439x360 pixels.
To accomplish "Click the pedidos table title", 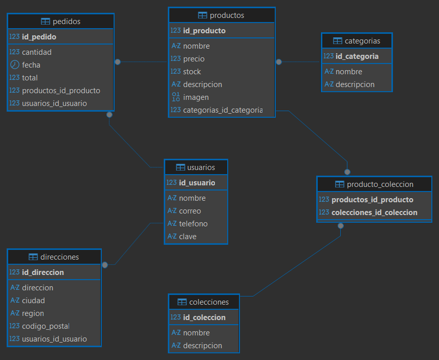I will tap(67, 22).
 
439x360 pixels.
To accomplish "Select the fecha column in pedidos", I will tap(31, 65).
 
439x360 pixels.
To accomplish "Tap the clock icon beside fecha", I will tap(14, 65).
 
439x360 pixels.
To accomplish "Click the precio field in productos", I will tap(194, 59).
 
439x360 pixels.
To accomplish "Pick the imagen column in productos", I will tap(196, 97).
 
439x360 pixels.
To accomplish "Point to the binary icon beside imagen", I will tap(175, 97).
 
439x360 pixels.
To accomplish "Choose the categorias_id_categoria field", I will tap(223, 110).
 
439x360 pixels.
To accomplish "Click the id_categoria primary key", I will tap(357, 56).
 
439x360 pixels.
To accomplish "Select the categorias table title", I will tap(362, 41).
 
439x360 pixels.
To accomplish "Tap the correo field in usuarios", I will tap(190, 211).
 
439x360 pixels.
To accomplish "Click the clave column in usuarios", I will tap(188, 237).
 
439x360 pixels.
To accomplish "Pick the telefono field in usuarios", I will tap(193, 224).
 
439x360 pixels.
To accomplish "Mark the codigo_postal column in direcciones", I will tap(46, 326).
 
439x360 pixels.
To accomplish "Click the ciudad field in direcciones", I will tap(33, 301).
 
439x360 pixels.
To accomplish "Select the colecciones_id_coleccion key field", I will tap(375, 213).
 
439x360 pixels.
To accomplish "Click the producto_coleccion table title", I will tap(380, 184).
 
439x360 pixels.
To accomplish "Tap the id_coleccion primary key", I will tap(204, 317).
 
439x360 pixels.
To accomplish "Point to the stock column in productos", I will tap(192, 72).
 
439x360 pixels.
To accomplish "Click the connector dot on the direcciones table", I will tap(105, 265).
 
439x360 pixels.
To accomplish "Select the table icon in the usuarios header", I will tap(180, 167).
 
